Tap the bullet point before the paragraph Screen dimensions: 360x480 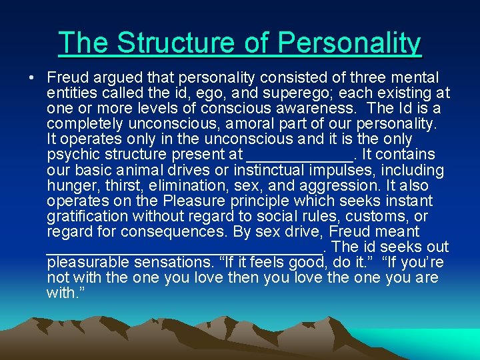click(32, 78)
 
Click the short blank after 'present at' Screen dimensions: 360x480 click(299, 155)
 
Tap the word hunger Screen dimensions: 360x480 click(73, 186)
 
